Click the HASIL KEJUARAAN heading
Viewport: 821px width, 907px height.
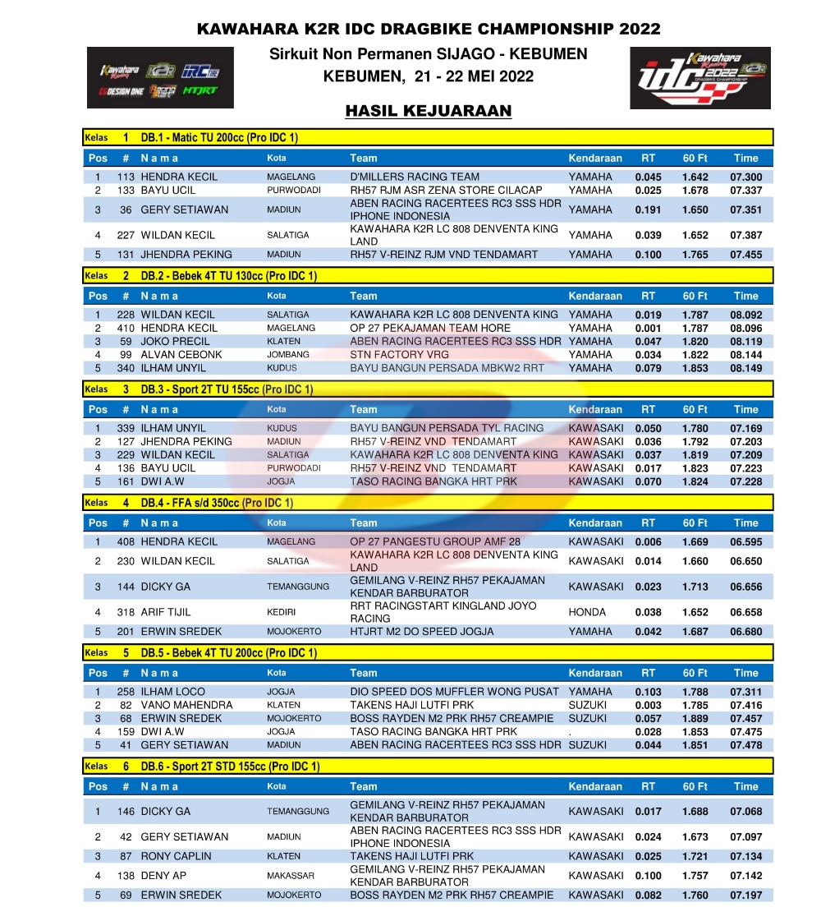429,111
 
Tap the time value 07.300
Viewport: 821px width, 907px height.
745,177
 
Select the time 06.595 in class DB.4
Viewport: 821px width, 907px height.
745,542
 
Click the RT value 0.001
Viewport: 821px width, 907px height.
648,329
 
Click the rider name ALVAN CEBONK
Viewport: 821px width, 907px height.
181,355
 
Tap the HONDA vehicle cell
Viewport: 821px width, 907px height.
587,612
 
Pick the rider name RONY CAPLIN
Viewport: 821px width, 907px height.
177,856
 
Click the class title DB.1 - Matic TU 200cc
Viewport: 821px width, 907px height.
219,138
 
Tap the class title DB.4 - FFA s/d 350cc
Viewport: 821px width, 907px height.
217,503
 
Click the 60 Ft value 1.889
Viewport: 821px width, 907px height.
695,719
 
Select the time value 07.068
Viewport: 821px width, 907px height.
745,812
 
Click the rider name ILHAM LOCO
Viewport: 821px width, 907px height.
173,692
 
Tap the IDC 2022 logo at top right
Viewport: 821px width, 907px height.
699,78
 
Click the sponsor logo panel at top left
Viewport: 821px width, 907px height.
160,78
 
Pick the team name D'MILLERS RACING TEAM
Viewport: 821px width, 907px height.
415,177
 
